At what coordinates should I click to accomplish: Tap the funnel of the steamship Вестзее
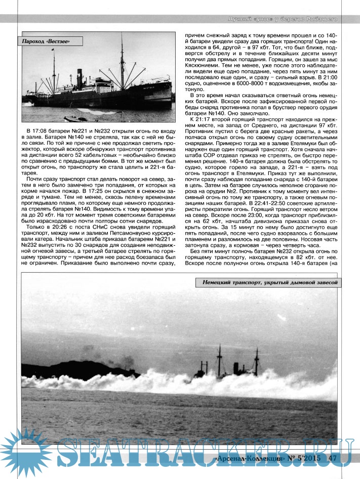click(79, 77)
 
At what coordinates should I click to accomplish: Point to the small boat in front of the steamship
click(74, 120)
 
